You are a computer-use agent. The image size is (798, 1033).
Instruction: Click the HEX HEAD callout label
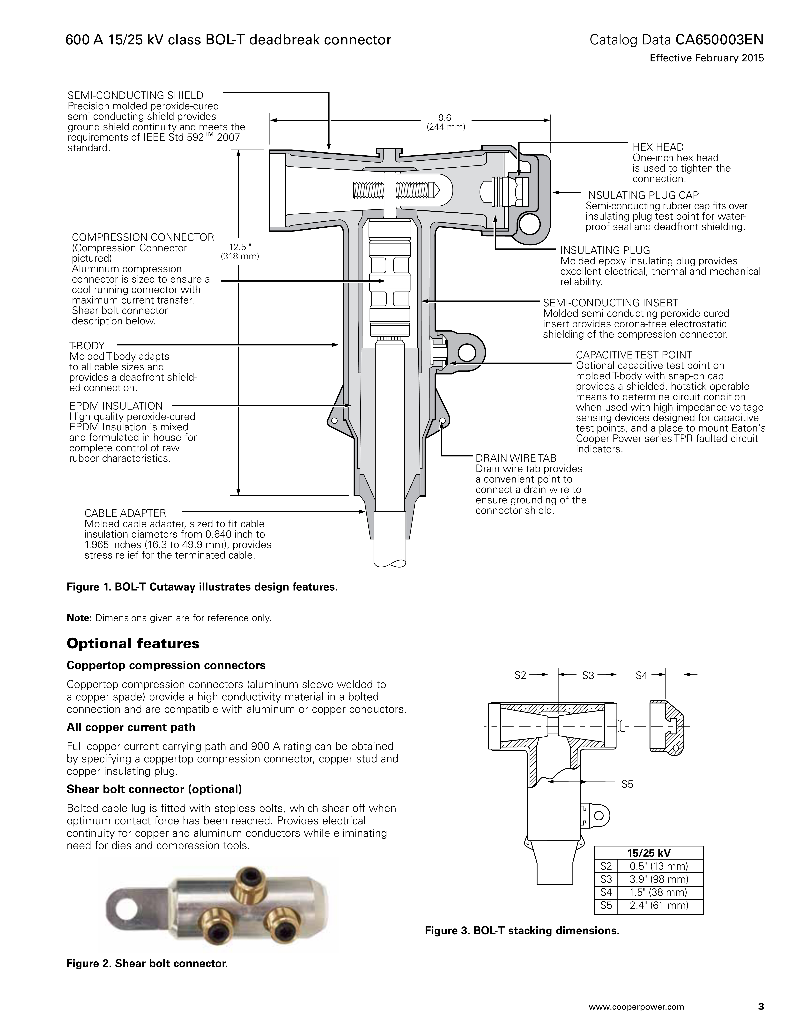coord(658,147)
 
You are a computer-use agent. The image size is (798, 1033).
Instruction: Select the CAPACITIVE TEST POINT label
coord(634,355)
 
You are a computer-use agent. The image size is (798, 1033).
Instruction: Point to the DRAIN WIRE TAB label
coord(516,458)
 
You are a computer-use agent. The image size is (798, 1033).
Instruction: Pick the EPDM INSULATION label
coord(116,406)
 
